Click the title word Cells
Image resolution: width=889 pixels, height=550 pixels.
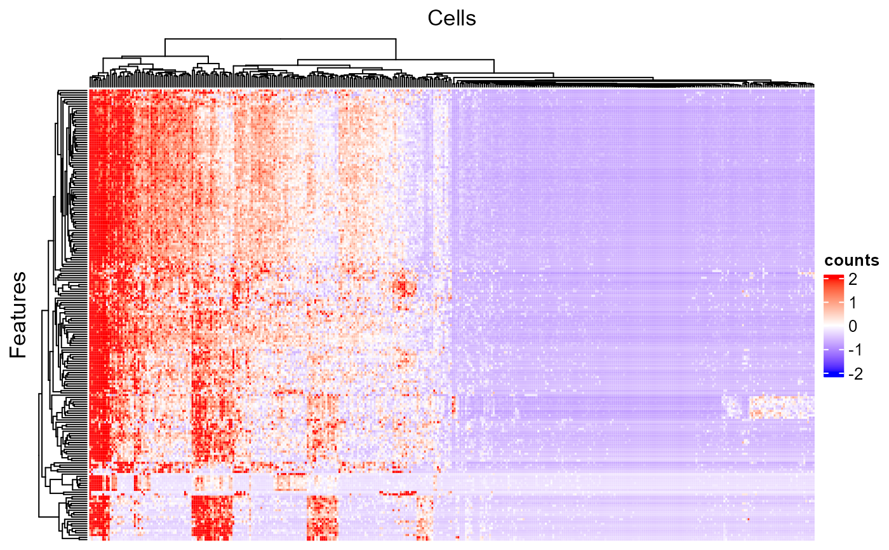coord(451,18)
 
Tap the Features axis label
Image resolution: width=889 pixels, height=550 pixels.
coord(19,314)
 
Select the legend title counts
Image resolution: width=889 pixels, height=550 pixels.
coord(852,260)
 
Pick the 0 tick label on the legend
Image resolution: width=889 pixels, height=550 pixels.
coord(852,326)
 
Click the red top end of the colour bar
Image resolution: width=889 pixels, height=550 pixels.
coord(833,277)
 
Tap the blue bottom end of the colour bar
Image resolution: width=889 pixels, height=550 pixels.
coord(833,375)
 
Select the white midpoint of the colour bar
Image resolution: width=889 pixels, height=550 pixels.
coord(833,326)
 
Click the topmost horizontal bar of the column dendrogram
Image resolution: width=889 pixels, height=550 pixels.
coord(280,39)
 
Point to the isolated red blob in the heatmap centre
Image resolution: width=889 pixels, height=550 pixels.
coord(403,287)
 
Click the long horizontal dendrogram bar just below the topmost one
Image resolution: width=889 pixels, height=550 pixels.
coord(396,59)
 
